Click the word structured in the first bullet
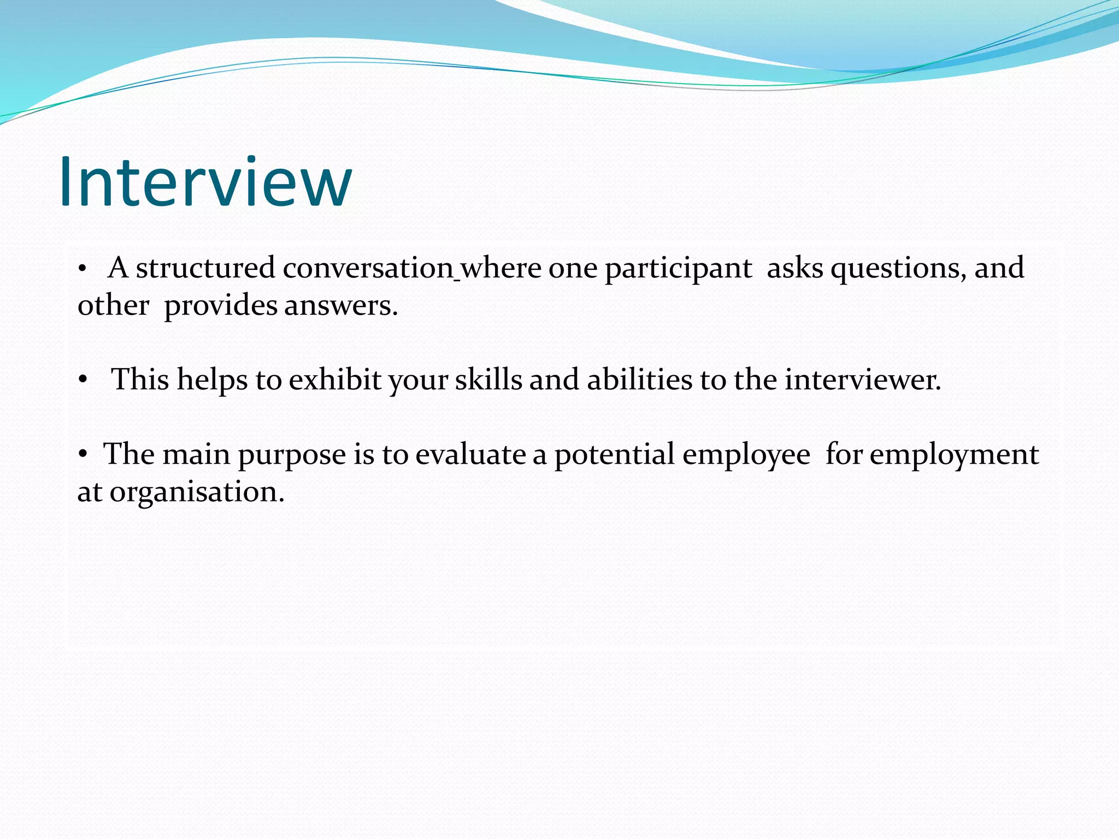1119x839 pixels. point(205,268)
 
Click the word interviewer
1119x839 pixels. point(863,380)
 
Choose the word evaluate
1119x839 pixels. point(470,454)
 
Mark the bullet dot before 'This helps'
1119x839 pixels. point(83,380)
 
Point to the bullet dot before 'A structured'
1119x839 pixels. point(82,269)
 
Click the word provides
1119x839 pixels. point(220,306)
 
